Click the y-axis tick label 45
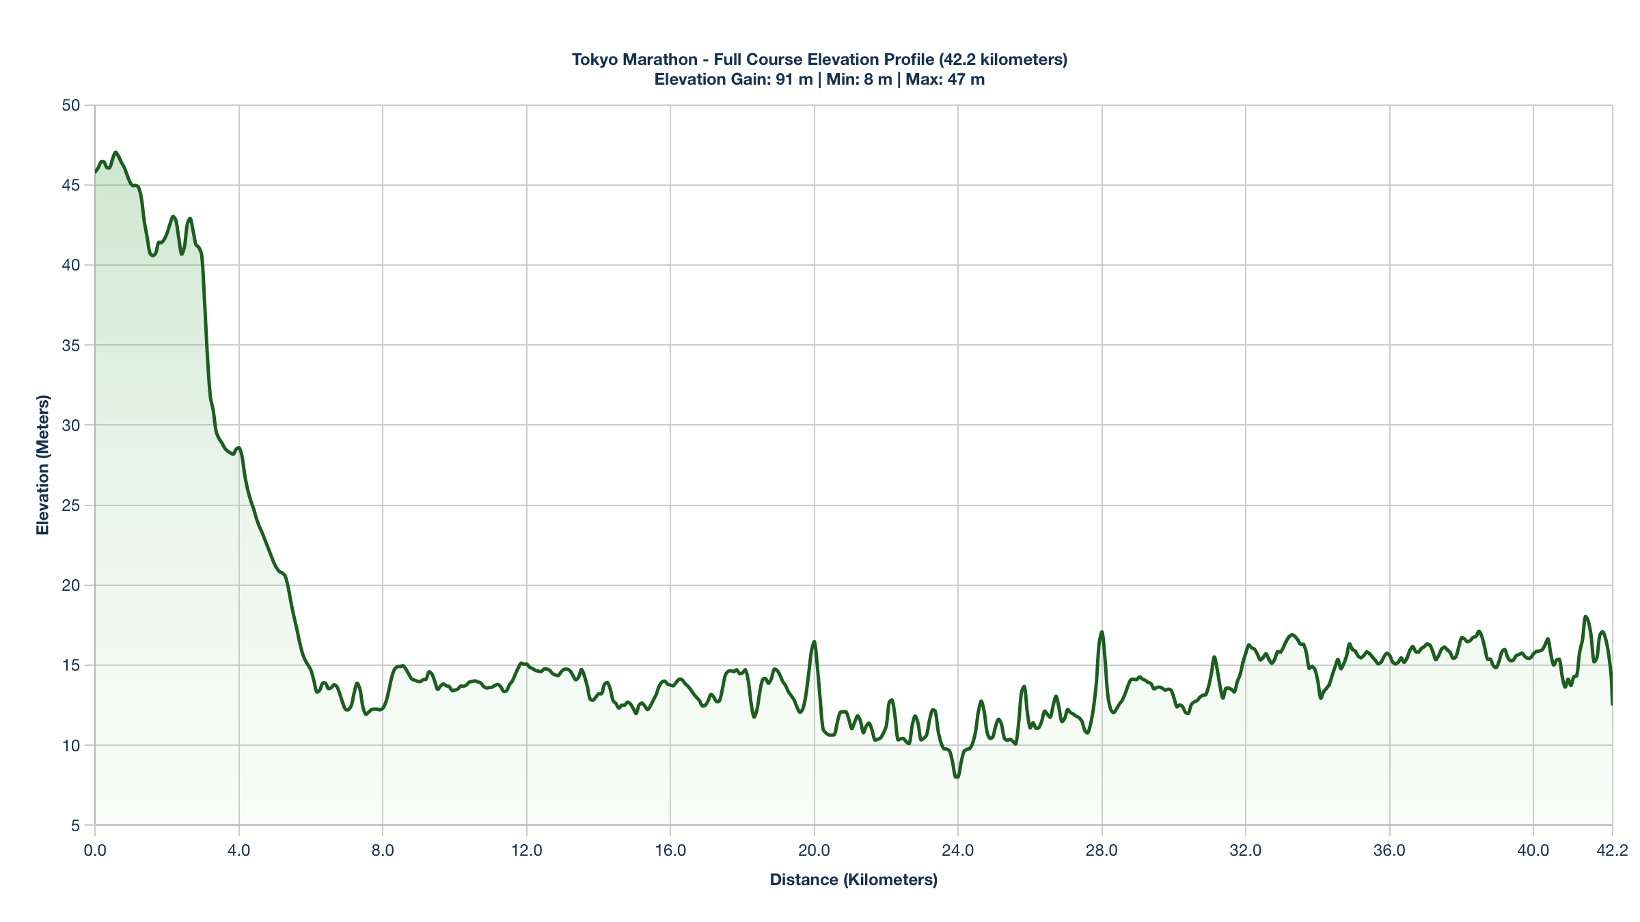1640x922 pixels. [x=71, y=185]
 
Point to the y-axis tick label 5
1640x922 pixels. [x=75, y=826]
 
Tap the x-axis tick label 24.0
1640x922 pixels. [x=957, y=850]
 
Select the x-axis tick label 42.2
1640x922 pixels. [x=1612, y=850]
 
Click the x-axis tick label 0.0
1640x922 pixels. [x=95, y=850]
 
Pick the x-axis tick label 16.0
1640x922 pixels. [x=670, y=850]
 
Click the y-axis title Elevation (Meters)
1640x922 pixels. [x=43, y=465]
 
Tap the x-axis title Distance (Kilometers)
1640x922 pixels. [x=853, y=880]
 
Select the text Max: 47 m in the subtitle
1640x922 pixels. [x=945, y=79]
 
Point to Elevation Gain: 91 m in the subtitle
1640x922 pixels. [x=733, y=79]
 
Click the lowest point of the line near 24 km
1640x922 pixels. [x=957, y=777]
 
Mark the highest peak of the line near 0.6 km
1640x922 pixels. [x=115, y=152]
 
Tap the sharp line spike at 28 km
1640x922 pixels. [x=1102, y=632]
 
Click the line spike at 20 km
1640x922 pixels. [x=814, y=641]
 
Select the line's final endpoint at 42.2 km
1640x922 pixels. [x=1612, y=704]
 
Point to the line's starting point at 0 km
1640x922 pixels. [x=95, y=172]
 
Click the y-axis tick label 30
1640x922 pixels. [x=71, y=425]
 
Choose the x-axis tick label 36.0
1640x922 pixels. [x=1389, y=850]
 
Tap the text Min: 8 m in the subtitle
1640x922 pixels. [x=859, y=79]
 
